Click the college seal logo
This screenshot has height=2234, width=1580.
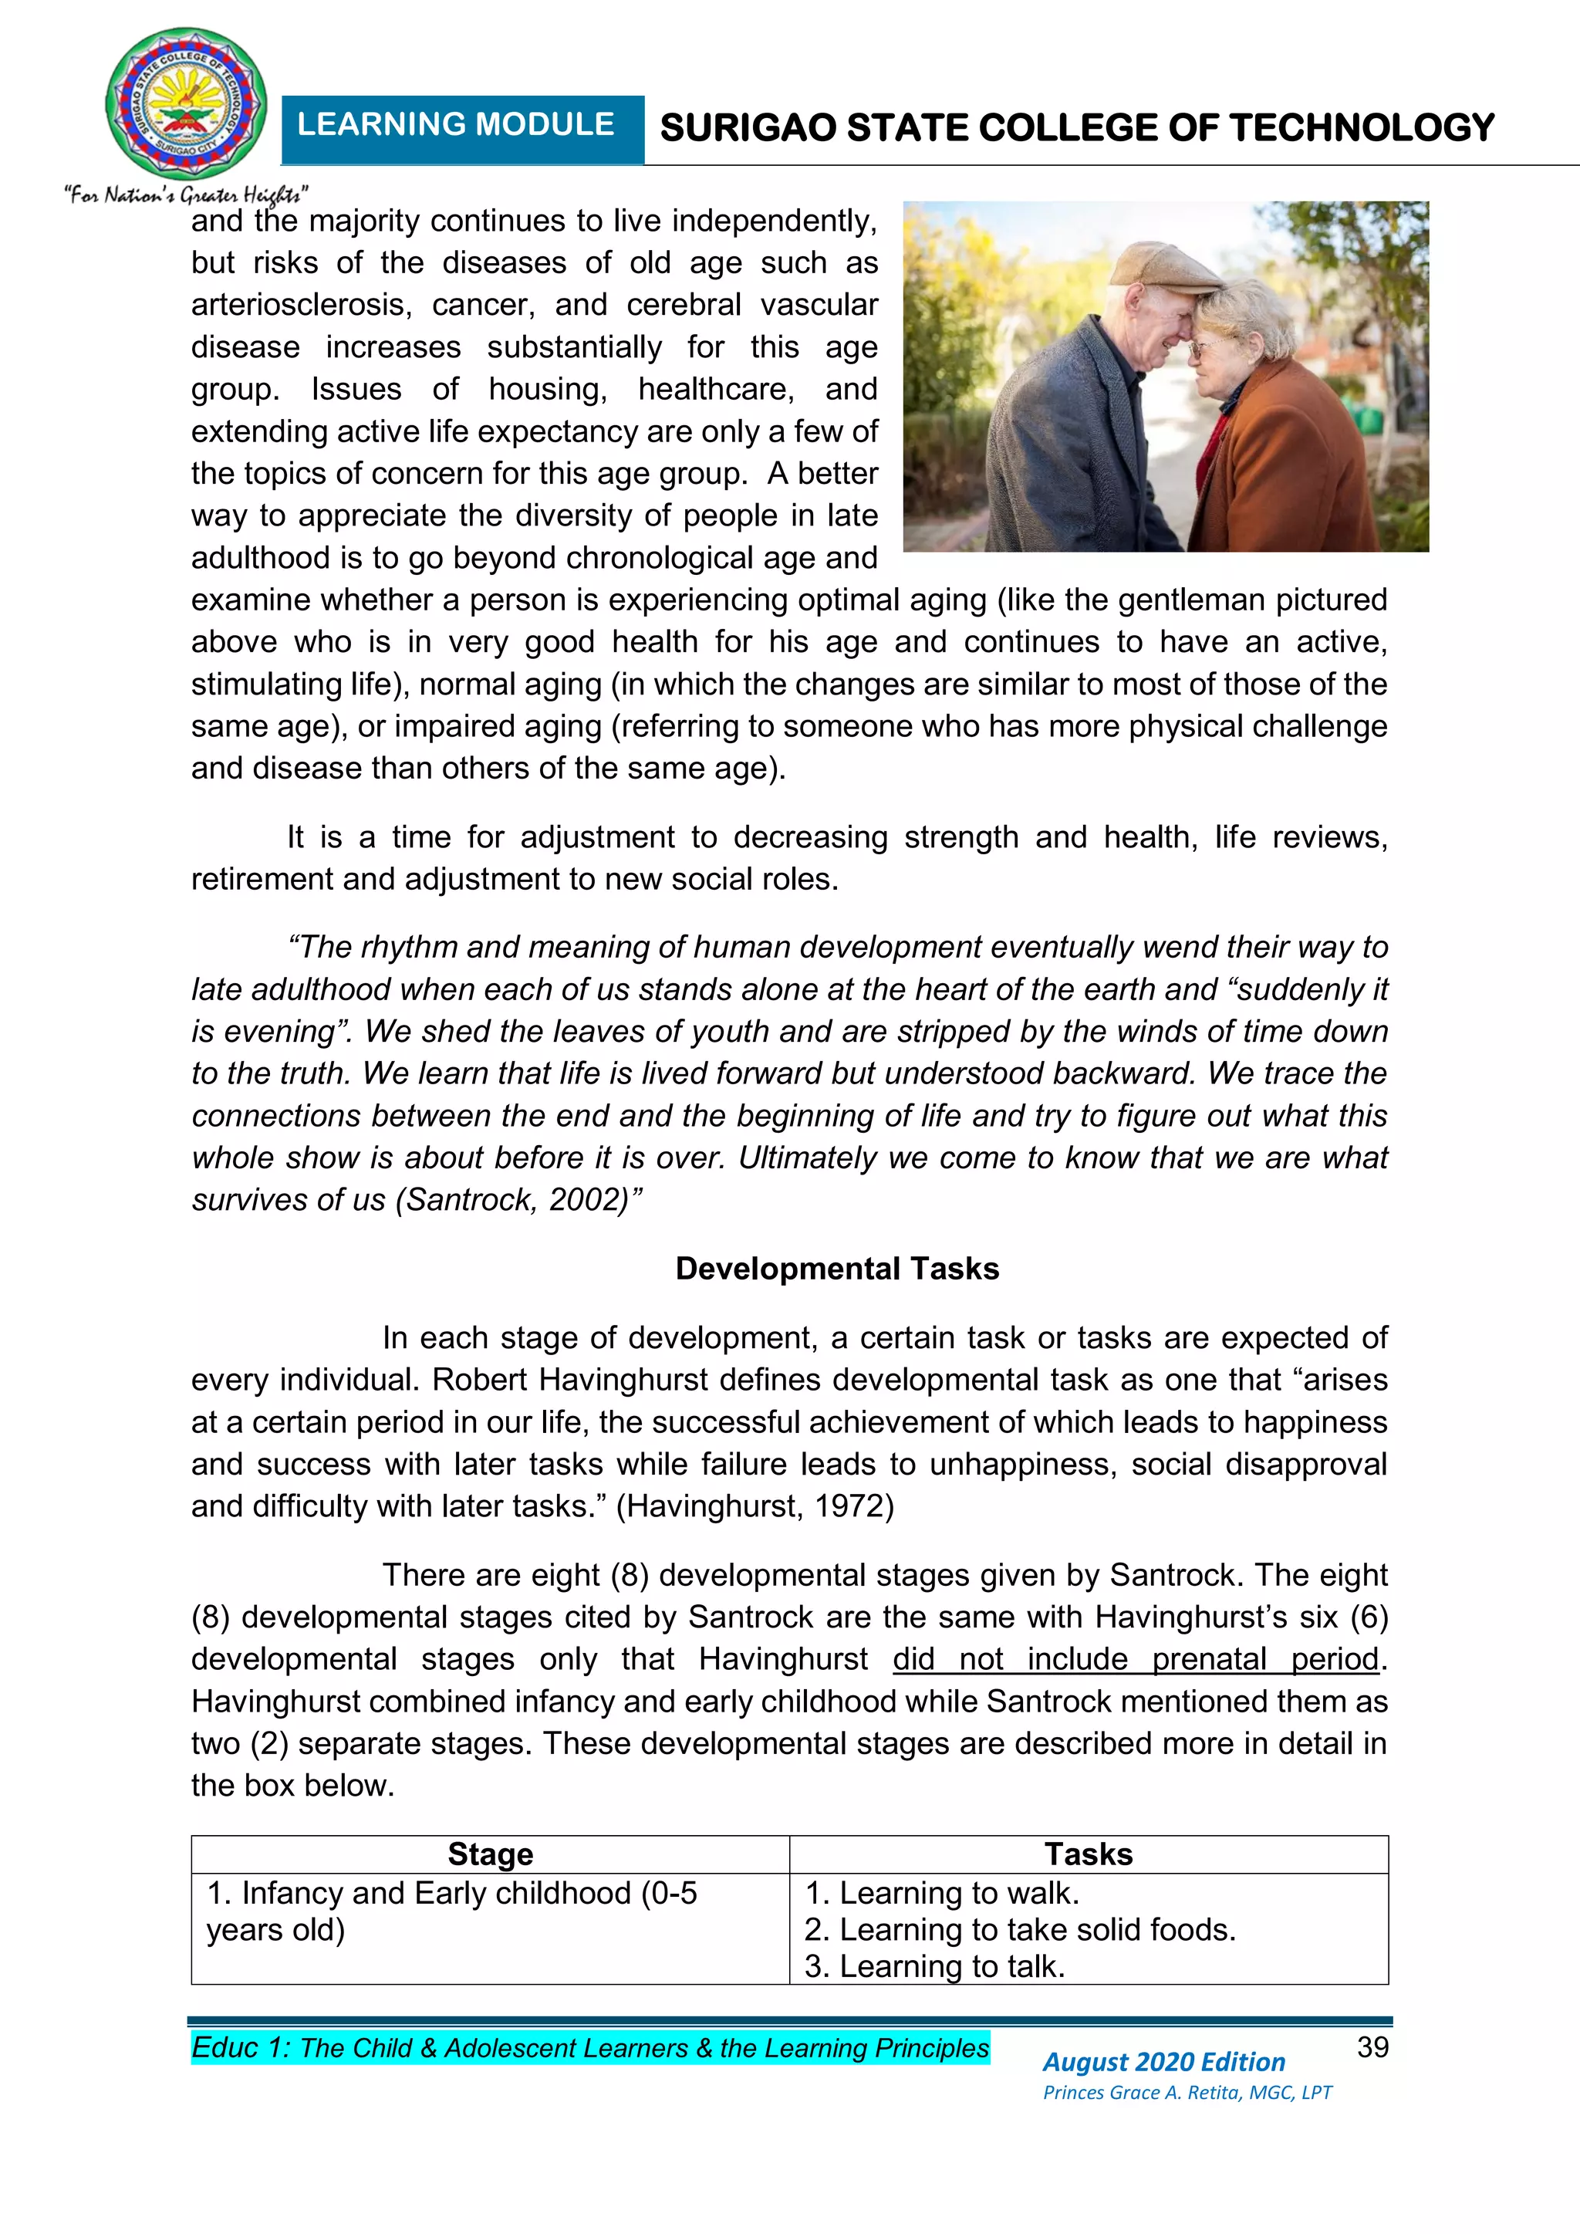(x=186, y=103)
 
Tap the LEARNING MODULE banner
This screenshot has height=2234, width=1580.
(x=455, y=126)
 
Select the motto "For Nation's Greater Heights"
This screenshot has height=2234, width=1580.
(x=186, y=194)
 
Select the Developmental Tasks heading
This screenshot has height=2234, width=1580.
(x=837, y=1269)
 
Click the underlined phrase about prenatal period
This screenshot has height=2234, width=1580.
(x=1136, y=1659)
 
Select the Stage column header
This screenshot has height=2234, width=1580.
(x=491, y=1854)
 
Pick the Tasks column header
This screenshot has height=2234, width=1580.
(x=1088, y=1854)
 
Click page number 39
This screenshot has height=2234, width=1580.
(x=1372, y=2047)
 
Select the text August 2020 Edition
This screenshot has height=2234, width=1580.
(x=1163, y=2062)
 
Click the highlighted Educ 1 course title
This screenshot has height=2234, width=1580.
(x=589, y=2048)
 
